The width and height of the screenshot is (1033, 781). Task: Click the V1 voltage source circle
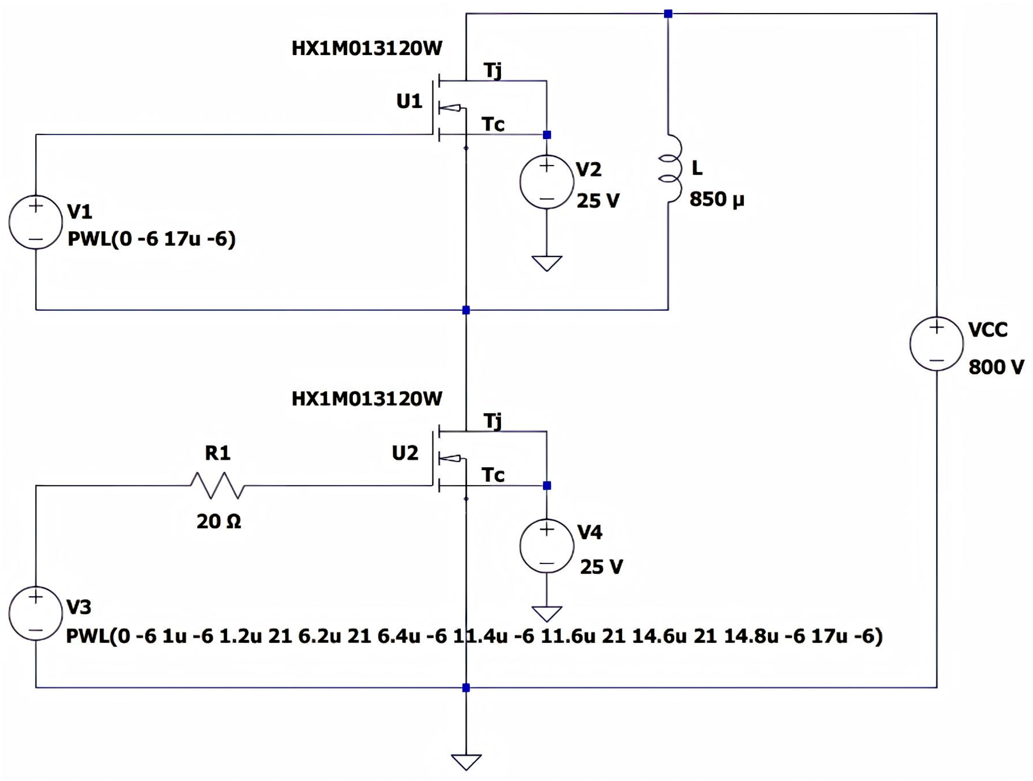pyautogui.click(x=35, y=222)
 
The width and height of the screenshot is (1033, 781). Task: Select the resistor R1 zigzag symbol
pyautogui.click(x=217, y=485)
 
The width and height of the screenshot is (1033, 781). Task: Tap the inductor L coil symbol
pyautogui.click(x=671, y=169)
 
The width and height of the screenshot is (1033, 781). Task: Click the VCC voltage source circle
pyautogui.click(x=937, y=344)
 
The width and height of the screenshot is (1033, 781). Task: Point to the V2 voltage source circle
pyautogui.click(x=547, y=182)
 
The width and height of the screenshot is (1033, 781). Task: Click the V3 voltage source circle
pyautogui.click(x=35, y=613)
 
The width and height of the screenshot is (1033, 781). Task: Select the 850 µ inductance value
pyautogui.click(x=716, y=200)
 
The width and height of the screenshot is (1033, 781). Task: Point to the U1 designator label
pyautogui.click(x=409, y=101)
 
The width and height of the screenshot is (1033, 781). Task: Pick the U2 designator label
pyautogui.click(x=405, y=453)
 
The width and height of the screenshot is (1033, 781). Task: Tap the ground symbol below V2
pyautogui.click(x=547, y=263)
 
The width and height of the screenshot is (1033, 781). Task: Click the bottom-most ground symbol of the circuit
pyautogui.click(x=466, y=762)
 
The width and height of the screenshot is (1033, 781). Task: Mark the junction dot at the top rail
pyautogui.click(x=668, y=14)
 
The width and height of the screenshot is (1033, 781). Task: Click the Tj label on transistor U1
pyautogui.click(x=493, y=71)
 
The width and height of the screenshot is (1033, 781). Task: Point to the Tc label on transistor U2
pyautogui.click(x=493, y=475)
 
